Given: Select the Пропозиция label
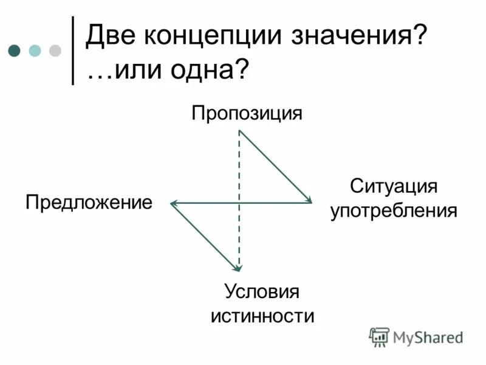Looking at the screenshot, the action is click(x=247, y=113).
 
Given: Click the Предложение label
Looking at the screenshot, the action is click(x=89, y=202).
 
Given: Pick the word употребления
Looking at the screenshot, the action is click(x=393, y=211).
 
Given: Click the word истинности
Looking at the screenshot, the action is click(x=262, y=316).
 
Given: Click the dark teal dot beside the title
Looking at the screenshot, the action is click(x=15, y=50).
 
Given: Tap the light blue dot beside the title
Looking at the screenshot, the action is click(x=35, y=50).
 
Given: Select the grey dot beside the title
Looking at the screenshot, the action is click(x=55, y=50).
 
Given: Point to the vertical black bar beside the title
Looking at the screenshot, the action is click(x=73, y=50).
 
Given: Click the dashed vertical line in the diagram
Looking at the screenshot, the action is click(x=239, y=182).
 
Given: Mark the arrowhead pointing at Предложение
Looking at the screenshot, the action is click(x=174, y=202).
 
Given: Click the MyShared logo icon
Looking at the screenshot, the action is click(x=380, y=336).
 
